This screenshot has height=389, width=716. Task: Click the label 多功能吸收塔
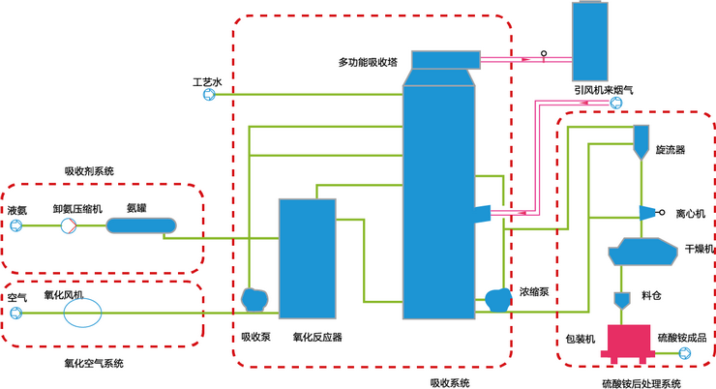(x=368, y=63)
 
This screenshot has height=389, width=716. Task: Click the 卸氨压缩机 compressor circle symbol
(x=69, y=225)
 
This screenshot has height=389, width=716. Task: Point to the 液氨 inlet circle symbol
(x=16, y=225)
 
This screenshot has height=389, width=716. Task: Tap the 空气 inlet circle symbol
(x=15, y=313)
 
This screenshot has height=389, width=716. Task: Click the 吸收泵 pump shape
(x=254, y=300)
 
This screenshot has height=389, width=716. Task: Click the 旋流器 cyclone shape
(x=641, y=141)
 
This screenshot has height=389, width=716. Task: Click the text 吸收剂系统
(x=89, y=170)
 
